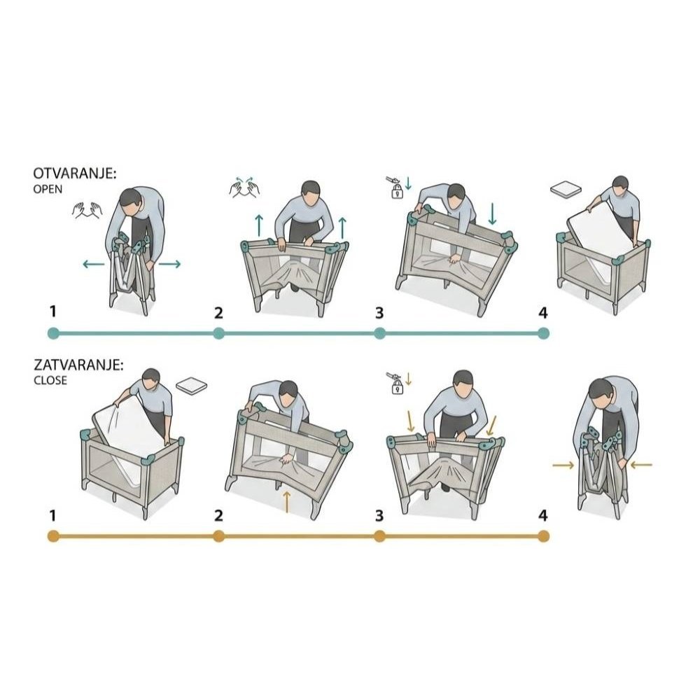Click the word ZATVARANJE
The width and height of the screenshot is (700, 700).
click(78, 365)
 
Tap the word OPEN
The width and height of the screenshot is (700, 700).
click(48, 189)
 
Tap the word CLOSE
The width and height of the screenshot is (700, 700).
click(50, 380)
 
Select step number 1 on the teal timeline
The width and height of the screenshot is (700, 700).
click(53, 311)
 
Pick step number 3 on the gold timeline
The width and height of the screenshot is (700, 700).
click(379, 516)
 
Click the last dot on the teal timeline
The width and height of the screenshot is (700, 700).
click(543, 333)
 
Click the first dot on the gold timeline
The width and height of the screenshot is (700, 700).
click(53, 535)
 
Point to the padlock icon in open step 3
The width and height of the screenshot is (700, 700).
click(397, 192)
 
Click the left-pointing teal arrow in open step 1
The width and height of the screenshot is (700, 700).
click(93, 265)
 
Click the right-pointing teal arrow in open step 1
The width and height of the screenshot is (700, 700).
click(169, 265)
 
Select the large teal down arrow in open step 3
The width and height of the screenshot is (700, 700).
click(492, 213)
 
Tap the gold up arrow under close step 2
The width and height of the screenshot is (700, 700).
click(287, 502)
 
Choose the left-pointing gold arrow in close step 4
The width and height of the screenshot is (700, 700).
click(641, 465)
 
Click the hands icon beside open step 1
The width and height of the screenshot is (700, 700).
click(87, 210)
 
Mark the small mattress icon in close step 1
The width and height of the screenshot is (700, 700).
click(192, 386)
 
